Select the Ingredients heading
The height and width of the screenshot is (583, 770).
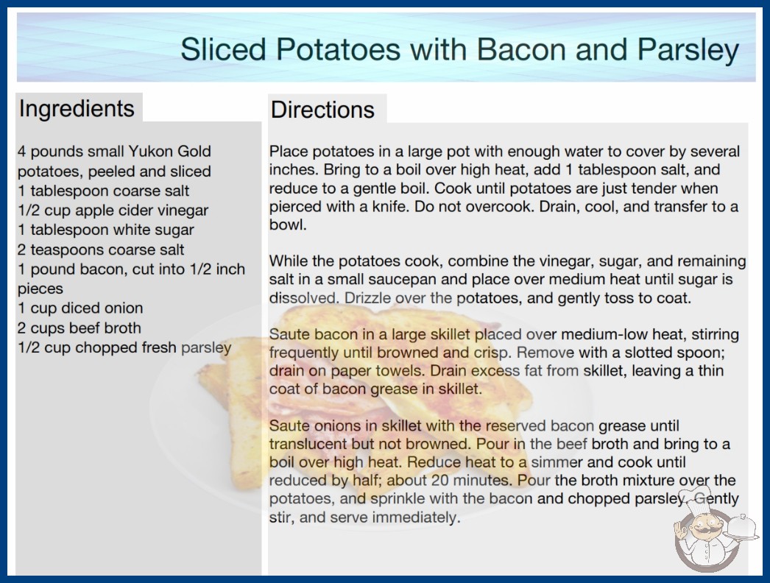coord(77,109)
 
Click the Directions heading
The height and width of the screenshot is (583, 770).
coord(322,110)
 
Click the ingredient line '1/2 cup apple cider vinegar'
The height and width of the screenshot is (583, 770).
coord(113,211)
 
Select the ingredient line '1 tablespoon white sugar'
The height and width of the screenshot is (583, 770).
coord(105,230)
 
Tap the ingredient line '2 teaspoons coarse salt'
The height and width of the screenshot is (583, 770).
coord(101,250)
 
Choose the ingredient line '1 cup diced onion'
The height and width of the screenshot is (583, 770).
coord(80,308)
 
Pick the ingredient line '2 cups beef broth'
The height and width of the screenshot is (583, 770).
coord(79,328)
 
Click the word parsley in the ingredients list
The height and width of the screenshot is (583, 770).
coord(206,347)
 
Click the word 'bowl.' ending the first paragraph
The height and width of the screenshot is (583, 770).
coord(288,225)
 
